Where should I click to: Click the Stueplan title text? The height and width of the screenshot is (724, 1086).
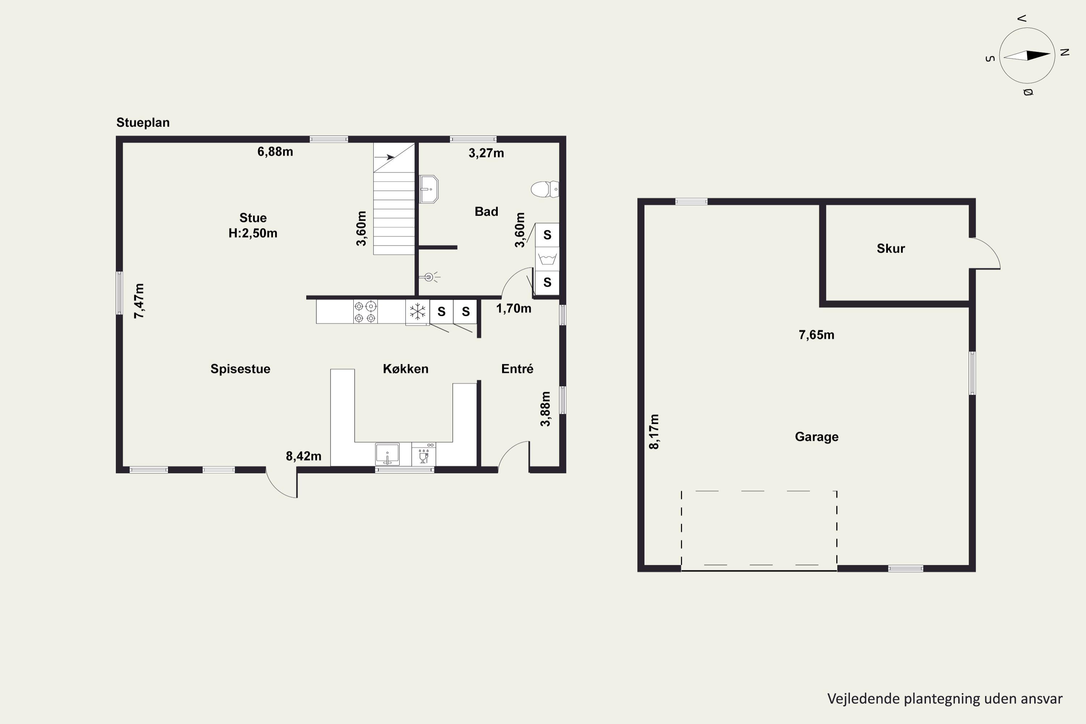click(x=143, y=123)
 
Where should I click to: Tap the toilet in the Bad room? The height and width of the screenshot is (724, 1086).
click(x=545, y=189)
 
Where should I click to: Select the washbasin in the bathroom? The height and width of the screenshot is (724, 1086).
click(x=429, y=189)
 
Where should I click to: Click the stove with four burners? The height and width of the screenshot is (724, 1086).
click(x=365, y=312)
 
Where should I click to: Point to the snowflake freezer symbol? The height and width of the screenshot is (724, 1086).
click(x=417, y=312)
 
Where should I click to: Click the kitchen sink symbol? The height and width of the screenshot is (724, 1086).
click(x=387, y=454)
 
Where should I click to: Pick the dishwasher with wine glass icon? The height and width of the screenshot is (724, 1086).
click(x=424, y=454)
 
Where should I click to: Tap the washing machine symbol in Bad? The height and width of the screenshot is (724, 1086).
click(x=547, y=258)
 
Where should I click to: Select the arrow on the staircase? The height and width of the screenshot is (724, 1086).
click(x=384, y=157)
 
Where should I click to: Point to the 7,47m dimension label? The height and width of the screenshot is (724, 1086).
click(x=139, y=301)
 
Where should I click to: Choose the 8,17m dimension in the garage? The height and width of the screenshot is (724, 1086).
click(x=654, y=432)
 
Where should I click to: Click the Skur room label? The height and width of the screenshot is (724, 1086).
click(x=891, y=248)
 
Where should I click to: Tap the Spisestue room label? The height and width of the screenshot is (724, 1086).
click(x=240, y=369)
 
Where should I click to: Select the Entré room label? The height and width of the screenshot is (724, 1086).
click(x=517, y=369)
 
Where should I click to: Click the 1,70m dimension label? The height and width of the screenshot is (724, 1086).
click(x=513, y=308)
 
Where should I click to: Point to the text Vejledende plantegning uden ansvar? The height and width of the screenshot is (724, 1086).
click(x=945, y=699)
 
